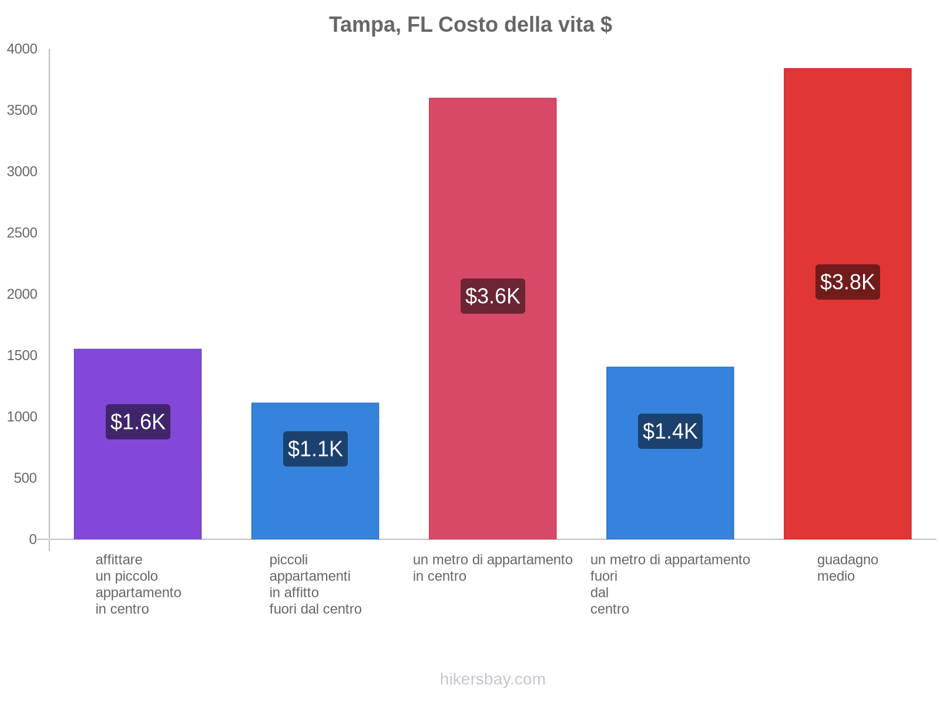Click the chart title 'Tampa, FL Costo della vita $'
click(x=470, y=25)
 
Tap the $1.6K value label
click(x=137, y=422)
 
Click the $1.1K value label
click(x=315, y=449)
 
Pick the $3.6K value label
click(x=492, y=296)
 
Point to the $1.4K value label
click(x=670, y=431)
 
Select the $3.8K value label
click(x=847, y=282)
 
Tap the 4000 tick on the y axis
click(x=22, y=49)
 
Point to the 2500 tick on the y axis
click(x=22, y=233)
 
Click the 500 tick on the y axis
click(x=26, y=478)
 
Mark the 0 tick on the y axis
click(x=33, y=539)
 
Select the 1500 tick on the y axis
click(x=22, y=355)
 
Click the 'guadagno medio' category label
click(x=847, y=568)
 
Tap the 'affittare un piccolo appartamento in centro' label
click(x=138, y=584)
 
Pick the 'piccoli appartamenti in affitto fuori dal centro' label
click(x=315, y=584)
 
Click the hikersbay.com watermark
click(x=492, y=679)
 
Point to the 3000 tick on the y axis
click(x=22, y=172)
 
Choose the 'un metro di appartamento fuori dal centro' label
click(x=670, y=584)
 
